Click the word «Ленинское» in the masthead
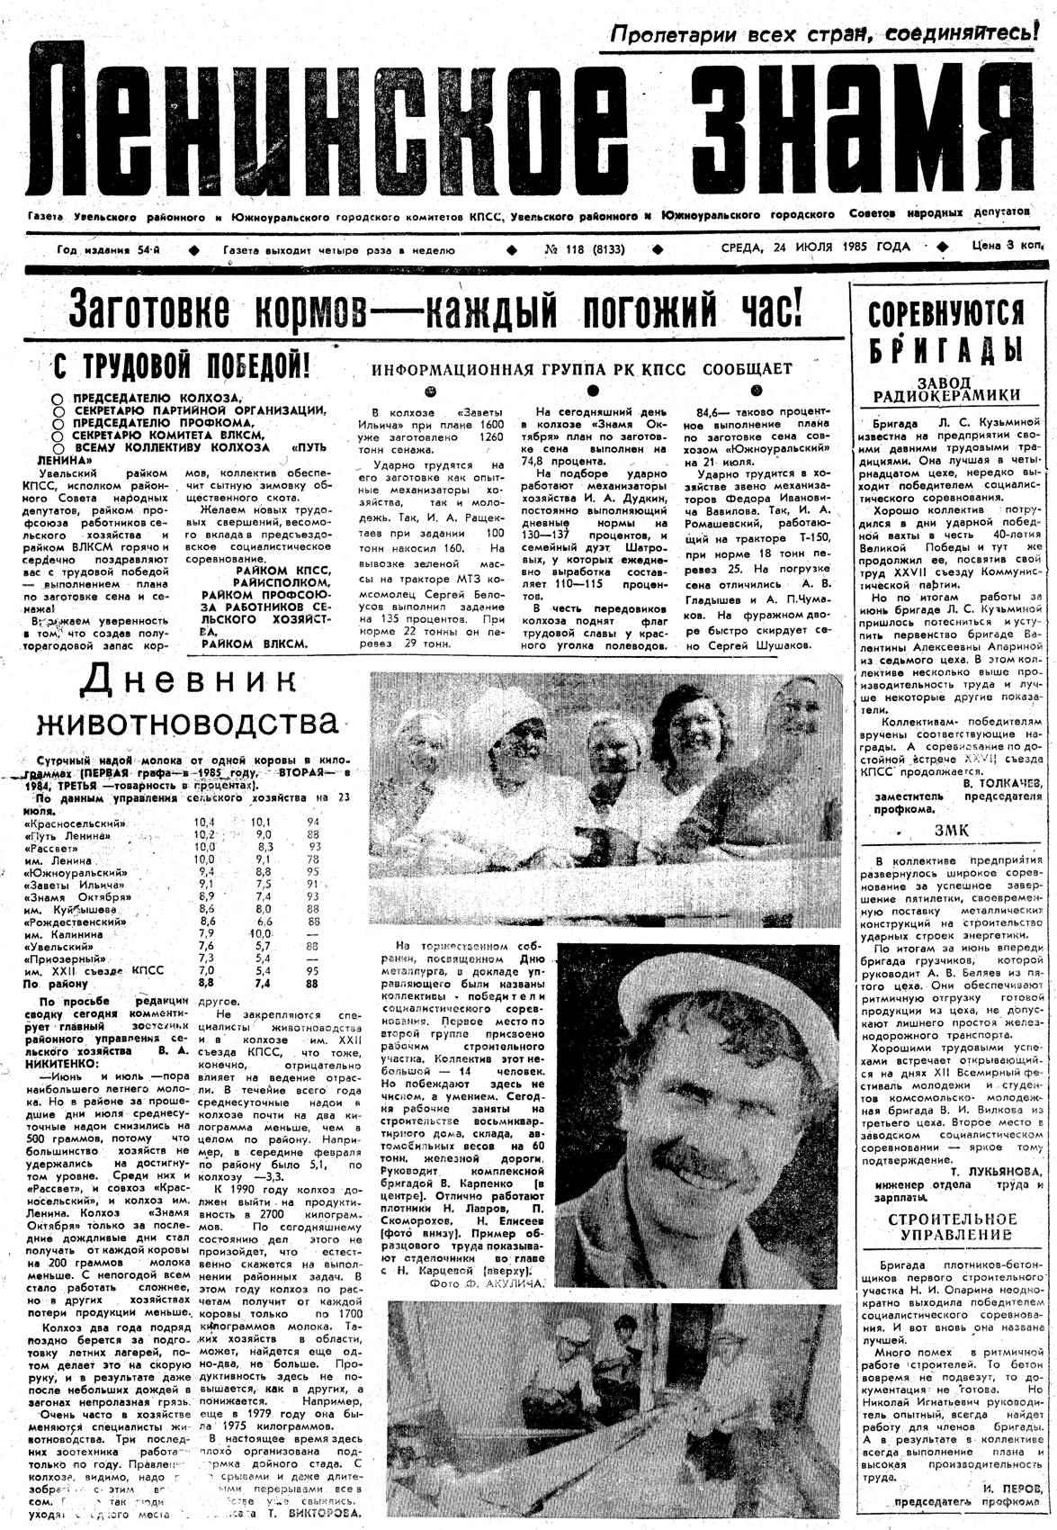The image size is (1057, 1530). coord(333,126)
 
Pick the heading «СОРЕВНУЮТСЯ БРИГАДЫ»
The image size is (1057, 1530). coord(945,330)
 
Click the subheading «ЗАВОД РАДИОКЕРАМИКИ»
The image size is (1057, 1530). coord(947,388)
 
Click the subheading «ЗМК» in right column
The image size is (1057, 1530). coord(952,831)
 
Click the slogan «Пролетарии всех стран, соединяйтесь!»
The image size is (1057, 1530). coord(820,33)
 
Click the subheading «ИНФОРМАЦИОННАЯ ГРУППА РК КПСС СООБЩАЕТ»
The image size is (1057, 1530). coord(582,369)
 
